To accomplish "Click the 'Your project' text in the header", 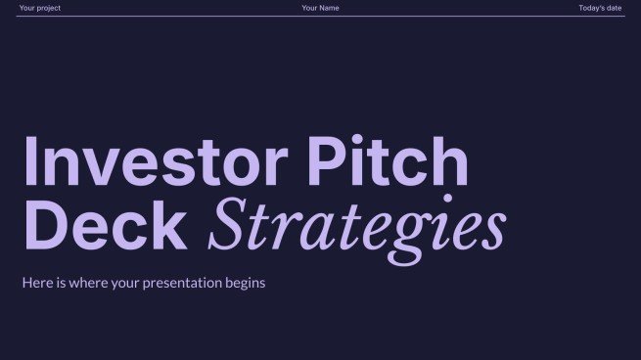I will click(x=39, y=8).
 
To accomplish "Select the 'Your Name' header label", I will click(x=321, y=8).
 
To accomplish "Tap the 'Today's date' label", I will click(x=599, y=8).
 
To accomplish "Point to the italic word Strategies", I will click(x=357, y=228).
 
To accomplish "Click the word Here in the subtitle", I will click(x=36, y=284).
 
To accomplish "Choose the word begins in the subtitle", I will click(x=246, y=284).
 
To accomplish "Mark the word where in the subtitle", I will click(x=85, y=284).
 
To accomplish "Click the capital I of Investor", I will click(x=29, y=163).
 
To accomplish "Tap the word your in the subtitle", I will click(x=123, y=284).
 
